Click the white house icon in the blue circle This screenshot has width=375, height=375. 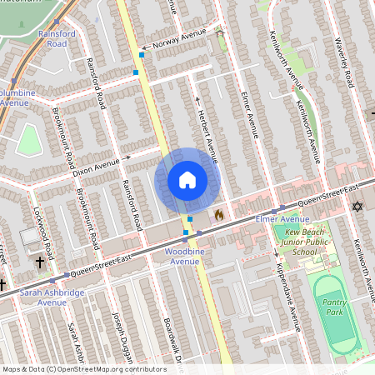pyautogui.click(x=187, y=179)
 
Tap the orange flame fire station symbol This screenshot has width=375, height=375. pyautogui.click(x=219, y=215)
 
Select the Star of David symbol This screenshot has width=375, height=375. pyautogui.click(x=358, y=206)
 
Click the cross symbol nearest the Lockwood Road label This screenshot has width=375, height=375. pyautogui.click(x=40, y=262)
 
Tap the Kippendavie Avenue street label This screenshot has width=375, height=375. pyautogui.click(x=287, y=297)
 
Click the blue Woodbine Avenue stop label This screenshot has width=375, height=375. pyautogui.click(x=182, y=256)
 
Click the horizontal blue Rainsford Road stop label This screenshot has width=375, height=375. pyautogui.click(x=46, y=38)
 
